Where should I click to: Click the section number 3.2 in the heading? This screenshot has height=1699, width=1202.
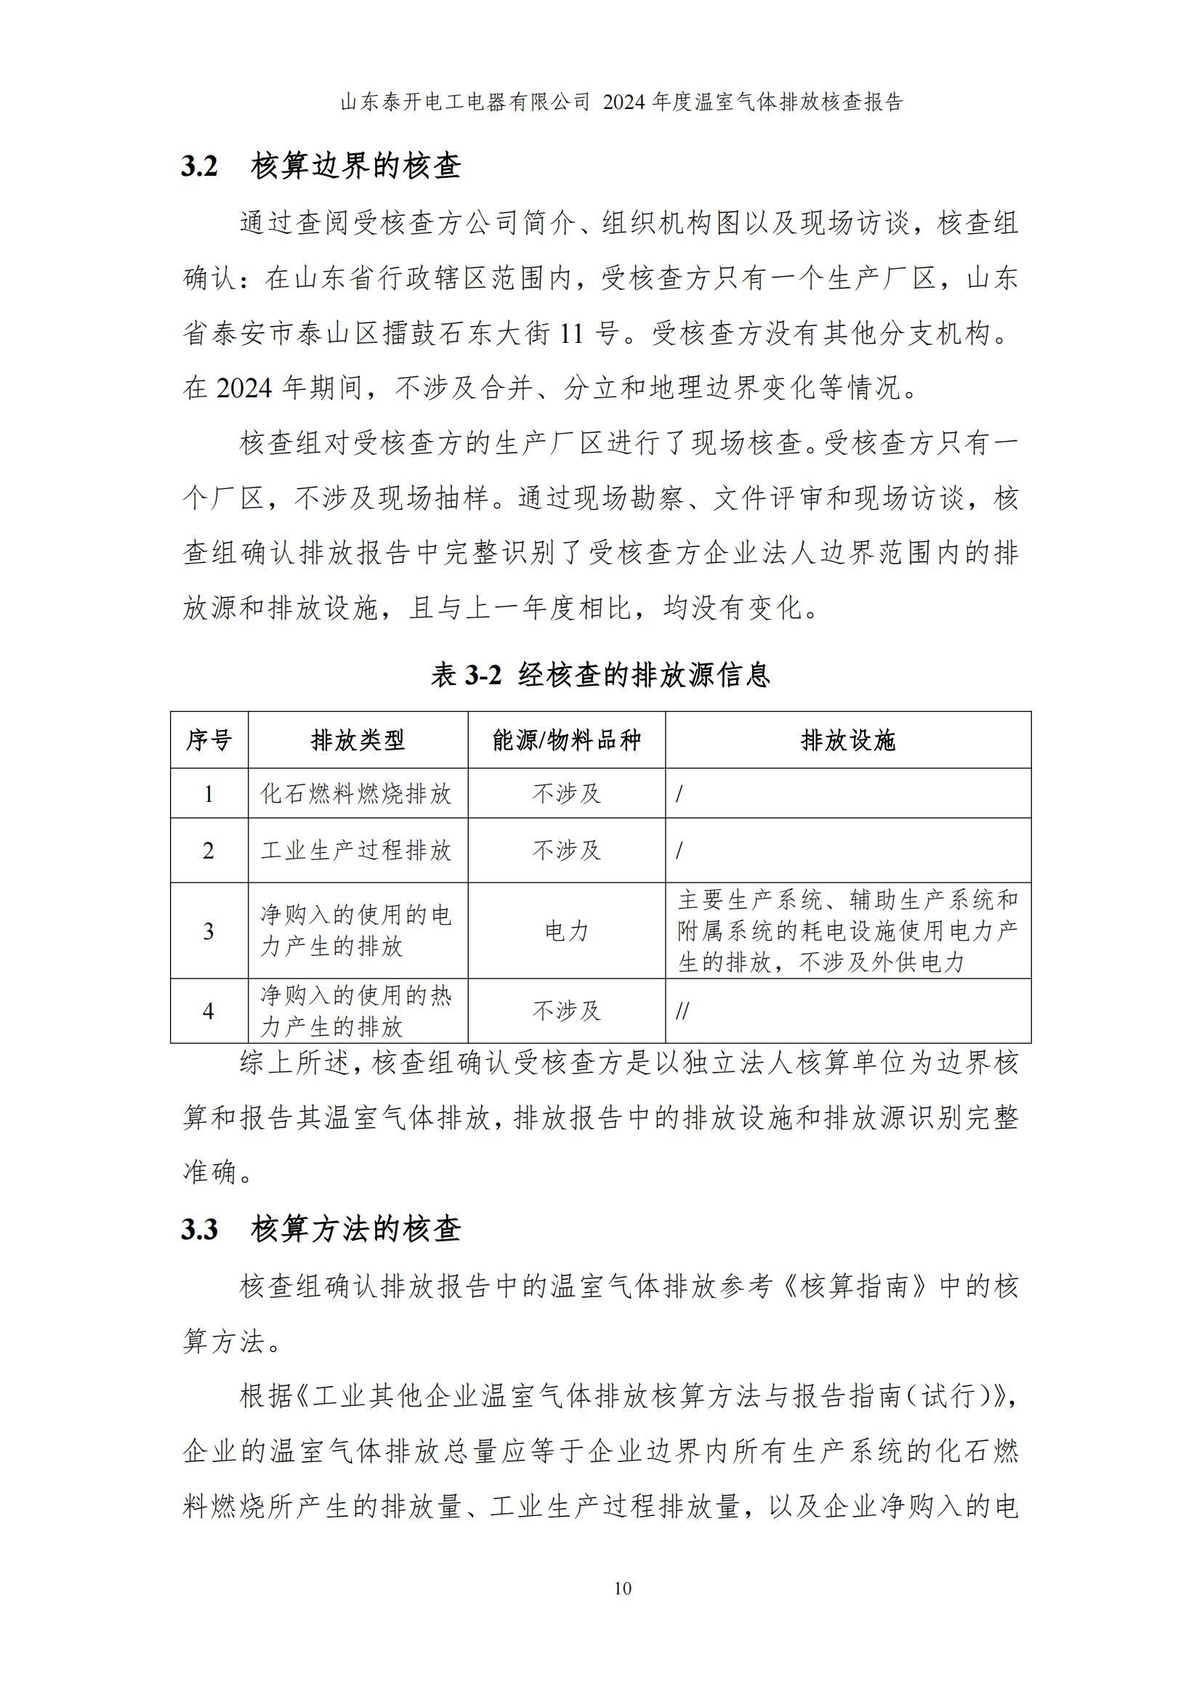[200, 166]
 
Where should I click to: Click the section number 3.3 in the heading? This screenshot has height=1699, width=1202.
[200, 1230]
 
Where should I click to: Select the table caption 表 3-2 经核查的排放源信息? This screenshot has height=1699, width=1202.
[600, 674]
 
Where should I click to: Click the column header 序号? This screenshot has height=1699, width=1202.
[209, 740]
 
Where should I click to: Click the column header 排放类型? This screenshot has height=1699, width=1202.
[358, 740]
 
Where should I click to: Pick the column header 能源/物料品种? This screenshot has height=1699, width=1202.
[566, 740]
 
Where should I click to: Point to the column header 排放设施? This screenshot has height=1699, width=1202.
[847, 740]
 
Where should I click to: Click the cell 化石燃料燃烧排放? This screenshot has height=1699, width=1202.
[356, 794]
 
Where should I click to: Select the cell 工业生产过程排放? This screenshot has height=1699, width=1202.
[356, 851]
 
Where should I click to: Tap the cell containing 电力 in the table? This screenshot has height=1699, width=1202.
[566, 931]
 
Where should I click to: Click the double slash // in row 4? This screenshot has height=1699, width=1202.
[682, 1011]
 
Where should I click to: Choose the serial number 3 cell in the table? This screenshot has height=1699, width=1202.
[209, 931]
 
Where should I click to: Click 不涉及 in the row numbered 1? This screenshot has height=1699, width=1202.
[566, 794]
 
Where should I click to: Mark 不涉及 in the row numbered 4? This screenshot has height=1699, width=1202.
[566, 1011]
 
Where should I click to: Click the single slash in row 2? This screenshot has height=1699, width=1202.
[679, 851]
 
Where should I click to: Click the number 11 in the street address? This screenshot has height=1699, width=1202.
[572, 333]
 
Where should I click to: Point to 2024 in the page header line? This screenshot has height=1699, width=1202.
[626, 102]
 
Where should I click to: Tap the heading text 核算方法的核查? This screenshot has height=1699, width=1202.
[356, 1230]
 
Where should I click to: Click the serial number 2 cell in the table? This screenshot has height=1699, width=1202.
[209, 851]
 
